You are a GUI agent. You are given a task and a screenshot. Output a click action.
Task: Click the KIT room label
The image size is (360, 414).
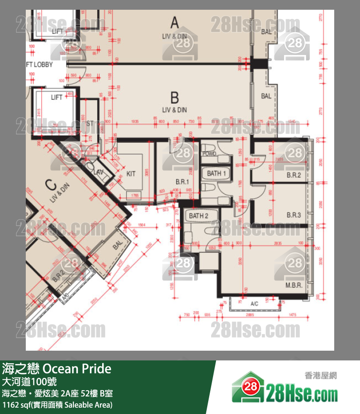(x=131, y=173)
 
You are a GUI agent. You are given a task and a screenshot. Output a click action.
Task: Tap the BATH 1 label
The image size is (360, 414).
(x=216, y=173)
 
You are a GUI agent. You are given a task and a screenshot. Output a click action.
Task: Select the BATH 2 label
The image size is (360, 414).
(x=198, y=216)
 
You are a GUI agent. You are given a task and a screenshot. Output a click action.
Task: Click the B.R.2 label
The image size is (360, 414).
(x=293, y=175)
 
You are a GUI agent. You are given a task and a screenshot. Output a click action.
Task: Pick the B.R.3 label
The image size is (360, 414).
(x=293, y=215)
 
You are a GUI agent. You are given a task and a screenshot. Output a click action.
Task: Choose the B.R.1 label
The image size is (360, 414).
(x=181, y=182)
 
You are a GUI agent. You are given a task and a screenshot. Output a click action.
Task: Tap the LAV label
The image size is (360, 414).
(x=98, y=172)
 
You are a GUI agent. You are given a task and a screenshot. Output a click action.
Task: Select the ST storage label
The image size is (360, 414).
(x=90, y=124)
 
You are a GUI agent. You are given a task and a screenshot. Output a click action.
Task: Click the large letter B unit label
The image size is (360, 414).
(x=175, y=97)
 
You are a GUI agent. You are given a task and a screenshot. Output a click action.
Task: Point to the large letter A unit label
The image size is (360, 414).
(x=175, y=21)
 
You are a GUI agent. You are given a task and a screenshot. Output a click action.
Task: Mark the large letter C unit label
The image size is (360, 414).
(x=50, y=185)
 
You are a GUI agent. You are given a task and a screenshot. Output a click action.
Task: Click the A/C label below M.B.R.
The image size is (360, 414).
(x=254, y=304)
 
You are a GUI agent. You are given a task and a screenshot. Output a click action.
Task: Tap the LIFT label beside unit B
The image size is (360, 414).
(x=57, y=97)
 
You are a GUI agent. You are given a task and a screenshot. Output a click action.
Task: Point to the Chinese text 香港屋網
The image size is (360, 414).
(x=321, y=375)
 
